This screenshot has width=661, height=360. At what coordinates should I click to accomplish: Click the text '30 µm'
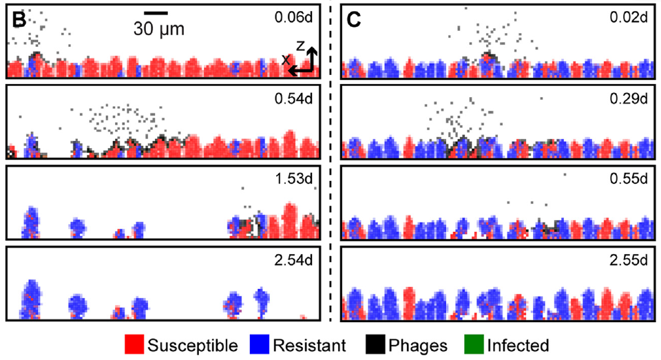coord(159,29)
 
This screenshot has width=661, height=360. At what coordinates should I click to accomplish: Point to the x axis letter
coord(284,61)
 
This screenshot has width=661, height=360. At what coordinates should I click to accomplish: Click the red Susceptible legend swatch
coord(135,344)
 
